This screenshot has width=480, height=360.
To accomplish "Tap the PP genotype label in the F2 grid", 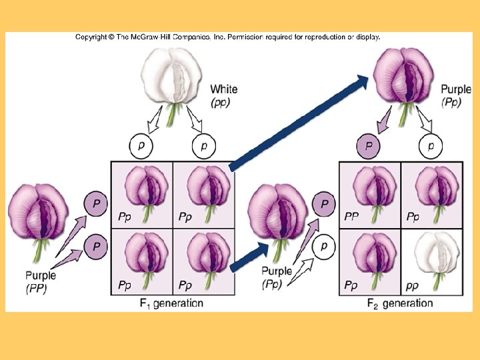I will pos(351,217).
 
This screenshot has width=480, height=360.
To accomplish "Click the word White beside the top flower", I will pos(223,89).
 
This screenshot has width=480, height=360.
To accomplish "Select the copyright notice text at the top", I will pos(227,37).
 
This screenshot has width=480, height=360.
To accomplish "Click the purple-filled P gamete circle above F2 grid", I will pos(369,145).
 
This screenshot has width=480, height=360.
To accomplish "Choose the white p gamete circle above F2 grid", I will pos(431,145).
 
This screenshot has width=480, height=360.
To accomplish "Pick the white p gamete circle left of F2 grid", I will pos(323,246).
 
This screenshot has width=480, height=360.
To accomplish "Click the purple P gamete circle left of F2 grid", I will pos(324,203).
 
